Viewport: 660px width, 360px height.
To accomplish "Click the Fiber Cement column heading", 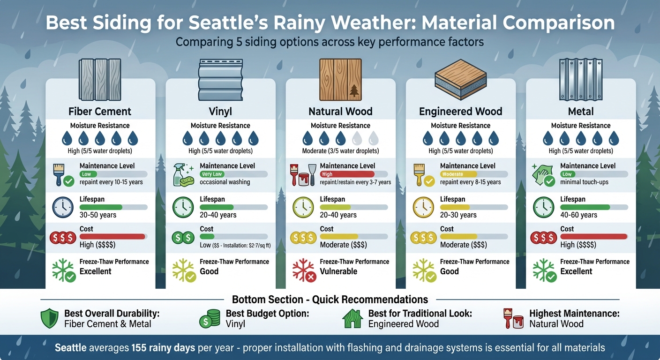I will point(100,112).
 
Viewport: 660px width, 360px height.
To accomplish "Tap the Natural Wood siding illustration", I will point(340,79).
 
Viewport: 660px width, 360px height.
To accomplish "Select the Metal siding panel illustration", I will point(580,79).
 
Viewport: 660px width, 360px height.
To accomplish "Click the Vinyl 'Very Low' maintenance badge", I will point(211,174).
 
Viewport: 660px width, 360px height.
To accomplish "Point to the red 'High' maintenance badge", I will point(327,174).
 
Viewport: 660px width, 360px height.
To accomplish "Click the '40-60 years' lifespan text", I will point(578,215).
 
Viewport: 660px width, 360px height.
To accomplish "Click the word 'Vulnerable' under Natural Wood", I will point(338,271).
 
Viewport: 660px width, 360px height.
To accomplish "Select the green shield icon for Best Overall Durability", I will point(50,319).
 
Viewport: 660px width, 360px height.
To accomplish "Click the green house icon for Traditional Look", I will point(353,319).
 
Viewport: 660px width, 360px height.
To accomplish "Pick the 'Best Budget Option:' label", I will point(267,314).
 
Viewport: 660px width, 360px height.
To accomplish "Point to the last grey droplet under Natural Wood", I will point(374,138).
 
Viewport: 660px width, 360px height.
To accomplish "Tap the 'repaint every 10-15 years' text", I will point(111,182).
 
